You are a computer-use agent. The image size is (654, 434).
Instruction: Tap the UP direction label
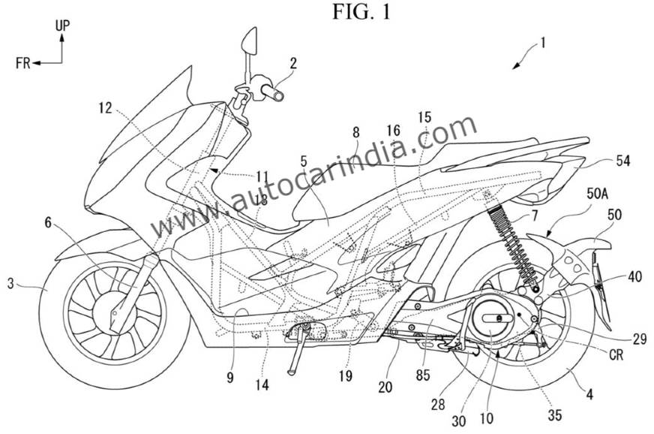[x=62, y=26]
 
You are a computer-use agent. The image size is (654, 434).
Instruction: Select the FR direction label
[x=23, y=63]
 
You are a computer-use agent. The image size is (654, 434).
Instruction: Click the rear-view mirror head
[x=248, y=41]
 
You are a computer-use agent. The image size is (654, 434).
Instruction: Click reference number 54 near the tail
[x=622, y=161]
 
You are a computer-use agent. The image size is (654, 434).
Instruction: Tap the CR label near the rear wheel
[x=616, y=354]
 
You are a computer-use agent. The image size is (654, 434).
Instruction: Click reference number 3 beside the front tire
[x=10, y=284]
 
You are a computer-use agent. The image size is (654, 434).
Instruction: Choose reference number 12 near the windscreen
[x=106, y=108]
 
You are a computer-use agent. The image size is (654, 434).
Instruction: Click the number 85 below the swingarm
[x=422, y=375]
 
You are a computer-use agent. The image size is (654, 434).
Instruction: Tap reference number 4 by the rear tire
[x=589, y=393]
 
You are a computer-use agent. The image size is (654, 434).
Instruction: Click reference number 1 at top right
[x=542, y=43]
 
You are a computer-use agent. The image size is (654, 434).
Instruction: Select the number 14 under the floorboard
[x=262, y=384]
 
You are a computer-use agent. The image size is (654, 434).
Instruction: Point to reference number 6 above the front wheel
[x=49, y=223]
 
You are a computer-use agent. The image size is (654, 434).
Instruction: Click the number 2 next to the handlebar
[x=293, y=64]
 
